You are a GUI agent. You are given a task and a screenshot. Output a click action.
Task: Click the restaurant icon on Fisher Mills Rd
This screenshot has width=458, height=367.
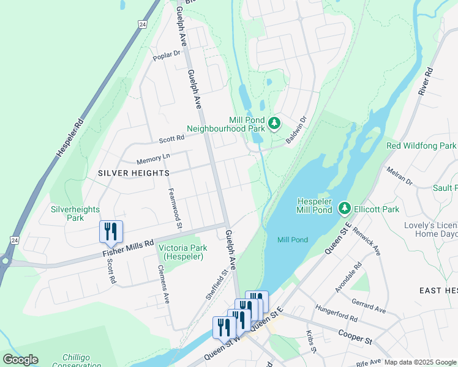point(111,231)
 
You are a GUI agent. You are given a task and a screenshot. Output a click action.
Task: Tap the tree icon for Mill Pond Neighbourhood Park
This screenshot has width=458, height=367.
point(275,124)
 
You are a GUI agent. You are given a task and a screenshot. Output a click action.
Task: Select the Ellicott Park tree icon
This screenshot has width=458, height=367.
point(345,209)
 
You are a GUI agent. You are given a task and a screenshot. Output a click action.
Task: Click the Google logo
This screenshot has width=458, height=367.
point(20,360)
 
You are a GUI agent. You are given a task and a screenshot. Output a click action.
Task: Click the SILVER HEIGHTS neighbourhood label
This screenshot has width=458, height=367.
point(133,174)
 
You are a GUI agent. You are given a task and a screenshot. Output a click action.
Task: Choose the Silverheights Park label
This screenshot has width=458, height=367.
point(75,213)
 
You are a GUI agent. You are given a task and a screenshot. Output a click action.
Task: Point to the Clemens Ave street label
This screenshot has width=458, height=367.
point(163,284)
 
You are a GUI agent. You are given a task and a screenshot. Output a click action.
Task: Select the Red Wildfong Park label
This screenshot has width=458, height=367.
point(421,146)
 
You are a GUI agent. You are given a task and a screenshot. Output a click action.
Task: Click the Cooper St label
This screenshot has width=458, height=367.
point(355,336)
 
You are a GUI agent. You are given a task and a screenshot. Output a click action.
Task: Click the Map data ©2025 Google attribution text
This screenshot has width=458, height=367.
point(420,362)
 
